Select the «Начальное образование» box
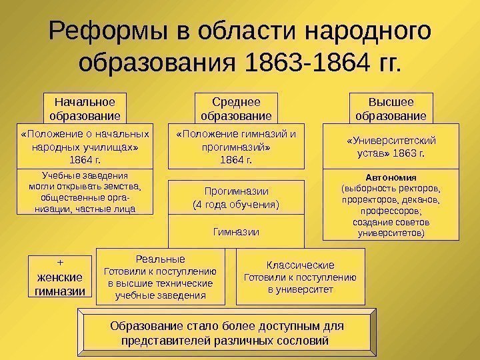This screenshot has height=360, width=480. [84, 109]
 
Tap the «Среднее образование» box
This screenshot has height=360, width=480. [235, 109]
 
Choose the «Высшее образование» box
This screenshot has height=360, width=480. [391, 109]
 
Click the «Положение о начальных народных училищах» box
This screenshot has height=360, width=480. [84, 146]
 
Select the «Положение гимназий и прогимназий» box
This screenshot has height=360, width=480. [235, 146]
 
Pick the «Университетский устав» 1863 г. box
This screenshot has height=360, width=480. [391, 146]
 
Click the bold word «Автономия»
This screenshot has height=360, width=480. [391, 178]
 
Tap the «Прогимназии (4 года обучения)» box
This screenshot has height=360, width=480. [235, 197]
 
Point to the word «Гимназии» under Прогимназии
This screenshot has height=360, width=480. [235, 231]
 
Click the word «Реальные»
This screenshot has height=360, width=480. [160, 258]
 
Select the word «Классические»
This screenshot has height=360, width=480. [301, 264]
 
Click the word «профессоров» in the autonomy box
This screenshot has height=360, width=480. [391, 211]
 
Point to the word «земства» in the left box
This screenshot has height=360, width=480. [127, 187]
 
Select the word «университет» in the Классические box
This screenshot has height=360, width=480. [309, 290]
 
